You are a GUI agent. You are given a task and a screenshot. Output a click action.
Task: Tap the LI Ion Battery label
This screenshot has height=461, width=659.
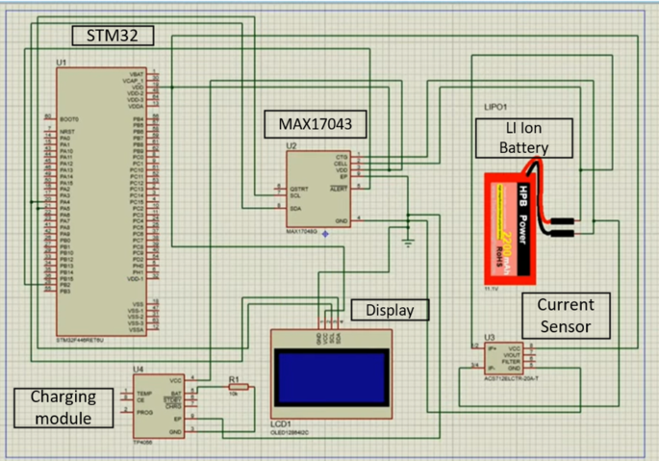(525, 138)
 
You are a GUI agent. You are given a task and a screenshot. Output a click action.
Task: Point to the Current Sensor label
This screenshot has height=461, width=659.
(566, 316)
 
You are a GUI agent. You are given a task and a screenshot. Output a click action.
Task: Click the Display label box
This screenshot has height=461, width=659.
(391, 310)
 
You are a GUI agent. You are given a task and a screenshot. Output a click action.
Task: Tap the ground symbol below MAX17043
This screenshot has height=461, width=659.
(409, 243)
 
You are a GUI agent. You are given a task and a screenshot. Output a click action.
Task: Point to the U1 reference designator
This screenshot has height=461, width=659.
(62, 63)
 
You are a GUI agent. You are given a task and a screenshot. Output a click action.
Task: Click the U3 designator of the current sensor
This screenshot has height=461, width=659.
(489, 336)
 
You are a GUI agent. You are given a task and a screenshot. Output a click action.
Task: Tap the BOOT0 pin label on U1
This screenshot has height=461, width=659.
(67, 118)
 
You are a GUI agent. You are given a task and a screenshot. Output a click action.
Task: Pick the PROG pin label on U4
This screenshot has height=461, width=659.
(144, 411)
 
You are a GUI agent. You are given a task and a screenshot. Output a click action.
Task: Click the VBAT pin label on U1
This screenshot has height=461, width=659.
(138, 74)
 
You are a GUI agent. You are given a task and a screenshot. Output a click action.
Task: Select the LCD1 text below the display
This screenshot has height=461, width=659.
(284, 422)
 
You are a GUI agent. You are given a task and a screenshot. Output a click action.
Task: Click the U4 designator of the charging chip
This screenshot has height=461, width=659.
(139, 369)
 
